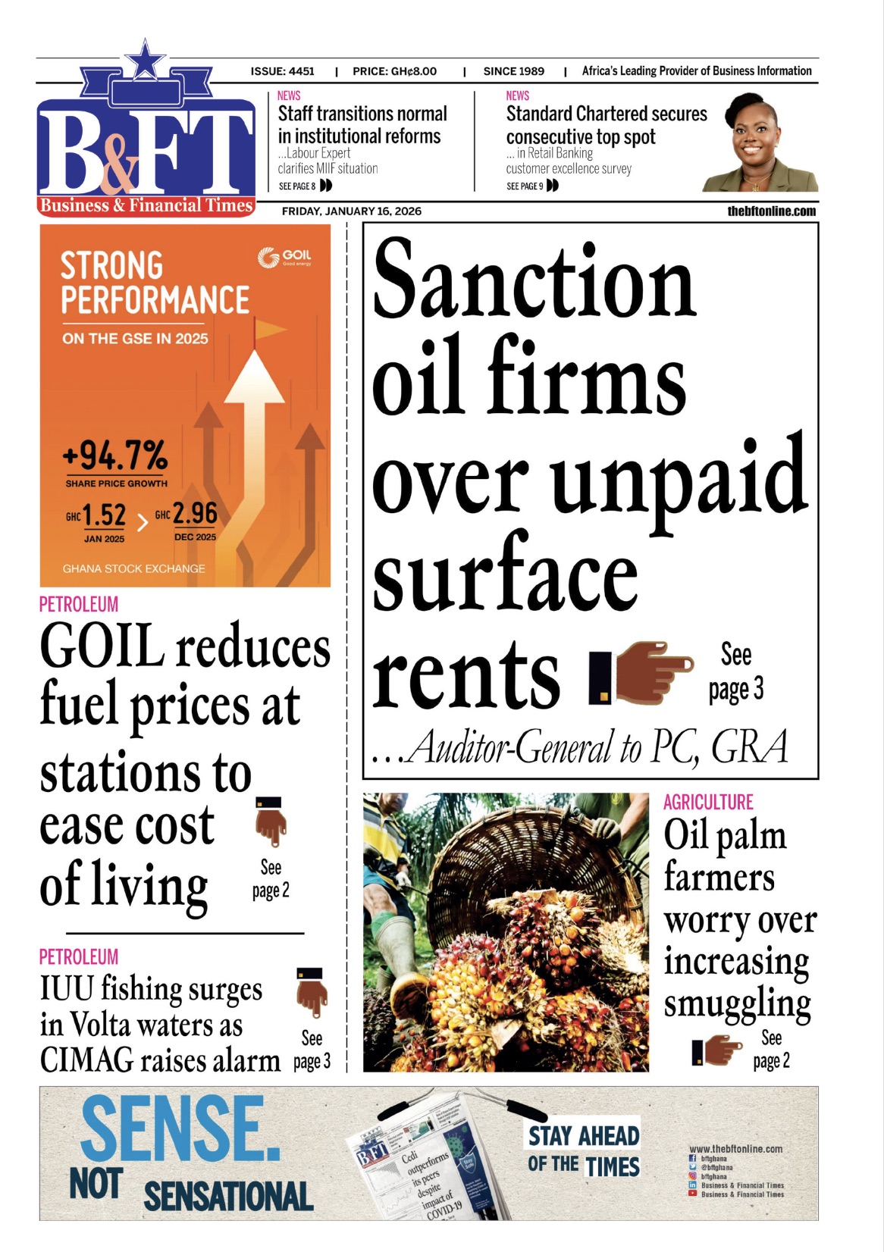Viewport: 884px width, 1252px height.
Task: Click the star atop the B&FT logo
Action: click(145, 59)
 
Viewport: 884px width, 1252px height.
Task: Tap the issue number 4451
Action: click(301, 71)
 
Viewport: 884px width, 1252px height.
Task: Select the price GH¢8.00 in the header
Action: click(413, 71)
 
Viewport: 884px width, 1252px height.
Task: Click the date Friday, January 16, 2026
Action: click(351, 211)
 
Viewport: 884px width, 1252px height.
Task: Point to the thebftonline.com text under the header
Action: click(772, 211)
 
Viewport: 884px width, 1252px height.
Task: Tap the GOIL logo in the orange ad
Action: click(284, 258)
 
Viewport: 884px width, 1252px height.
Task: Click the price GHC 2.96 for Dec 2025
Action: click(194, 514)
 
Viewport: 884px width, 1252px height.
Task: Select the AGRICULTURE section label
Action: click(708, 803)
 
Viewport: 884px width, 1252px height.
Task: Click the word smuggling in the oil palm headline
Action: click(737, 1003)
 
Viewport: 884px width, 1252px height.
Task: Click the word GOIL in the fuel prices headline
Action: click(102, 646)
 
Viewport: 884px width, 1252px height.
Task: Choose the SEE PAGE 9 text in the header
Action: click(525, 186)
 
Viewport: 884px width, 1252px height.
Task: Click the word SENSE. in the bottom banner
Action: click(180, 1128)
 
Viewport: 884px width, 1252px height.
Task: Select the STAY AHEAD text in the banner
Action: click(584, 1136)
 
